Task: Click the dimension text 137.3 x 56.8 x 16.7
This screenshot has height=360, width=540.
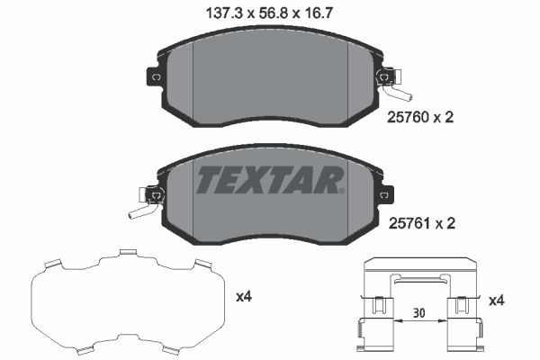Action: coord(270,13)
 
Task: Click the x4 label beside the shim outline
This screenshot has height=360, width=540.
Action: coord(245,295)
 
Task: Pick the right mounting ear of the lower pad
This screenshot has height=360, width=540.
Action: coord(384,193)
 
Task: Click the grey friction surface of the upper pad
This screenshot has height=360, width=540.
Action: coord(270,85)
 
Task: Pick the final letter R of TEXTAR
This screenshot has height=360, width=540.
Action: coord(330,182)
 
